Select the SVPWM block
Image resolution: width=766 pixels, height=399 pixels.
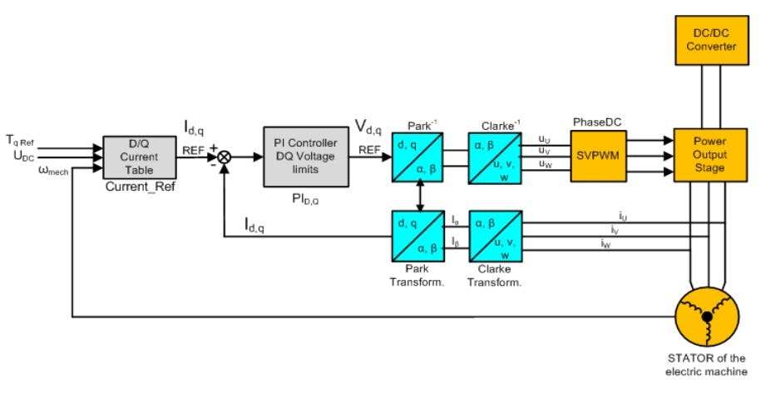pyautogui.click(x=596, y=155)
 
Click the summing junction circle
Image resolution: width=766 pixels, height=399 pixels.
pyautogui.click(x=224, y=156)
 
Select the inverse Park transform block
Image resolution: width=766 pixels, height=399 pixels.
pyautogui.click(x=417, y=155)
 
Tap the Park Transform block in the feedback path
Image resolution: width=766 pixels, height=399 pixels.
pyautogui.click(x=417, y=236)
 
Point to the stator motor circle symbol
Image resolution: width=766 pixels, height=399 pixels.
pyautogui.click(x=706, y=316)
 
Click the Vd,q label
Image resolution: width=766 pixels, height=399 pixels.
pyautogui.click(x=369, y=127)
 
